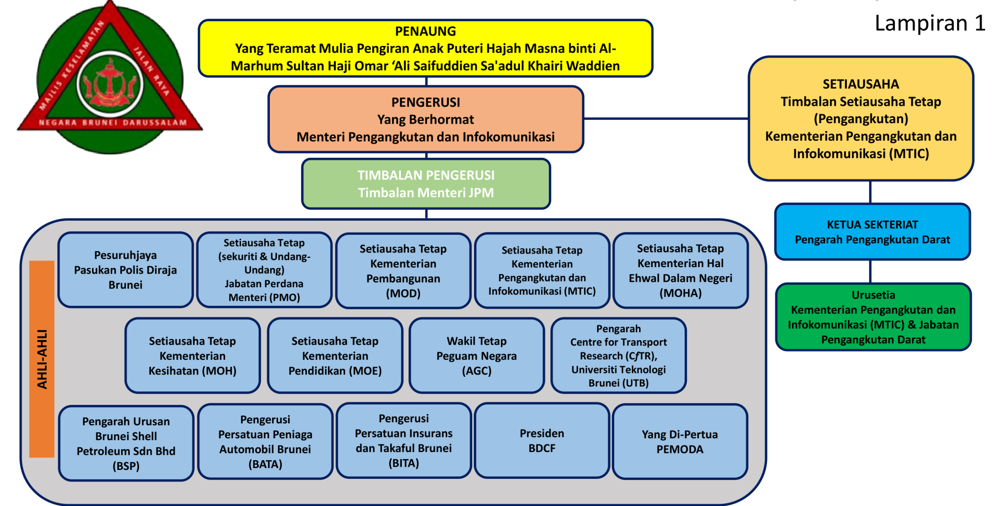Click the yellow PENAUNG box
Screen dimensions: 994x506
(x=425, y=48)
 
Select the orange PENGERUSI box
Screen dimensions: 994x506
(x=426, y=119)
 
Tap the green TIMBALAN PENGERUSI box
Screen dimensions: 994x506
(x=426, y=184)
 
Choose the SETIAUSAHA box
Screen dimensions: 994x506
(x=860, y=119)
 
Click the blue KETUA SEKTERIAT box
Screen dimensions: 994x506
(x=872, y=232)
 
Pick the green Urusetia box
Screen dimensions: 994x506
(x=873, y=317)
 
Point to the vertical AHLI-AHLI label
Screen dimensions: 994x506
(x=42, y=359)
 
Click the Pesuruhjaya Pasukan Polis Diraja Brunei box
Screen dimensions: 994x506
(x=125, y=270)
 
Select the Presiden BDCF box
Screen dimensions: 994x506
(x=542, y=440)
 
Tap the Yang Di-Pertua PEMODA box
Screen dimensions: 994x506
(x=679, y=442)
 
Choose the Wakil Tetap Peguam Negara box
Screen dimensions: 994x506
(x=476, y=356)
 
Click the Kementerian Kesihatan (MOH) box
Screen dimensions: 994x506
(x=193, y=356)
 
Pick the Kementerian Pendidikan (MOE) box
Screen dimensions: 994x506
(x=335, y=356)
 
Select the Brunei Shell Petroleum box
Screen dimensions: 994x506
(x=126, y=443)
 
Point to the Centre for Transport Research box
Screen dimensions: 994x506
(x=618, y=356)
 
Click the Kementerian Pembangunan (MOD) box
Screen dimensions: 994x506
(x=403, y=271)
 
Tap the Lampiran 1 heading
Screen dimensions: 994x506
(x=930, y=23)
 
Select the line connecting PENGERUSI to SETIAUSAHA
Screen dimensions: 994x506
(x=666, y=119)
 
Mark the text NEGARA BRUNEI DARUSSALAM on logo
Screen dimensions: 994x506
(x=113, y=123)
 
